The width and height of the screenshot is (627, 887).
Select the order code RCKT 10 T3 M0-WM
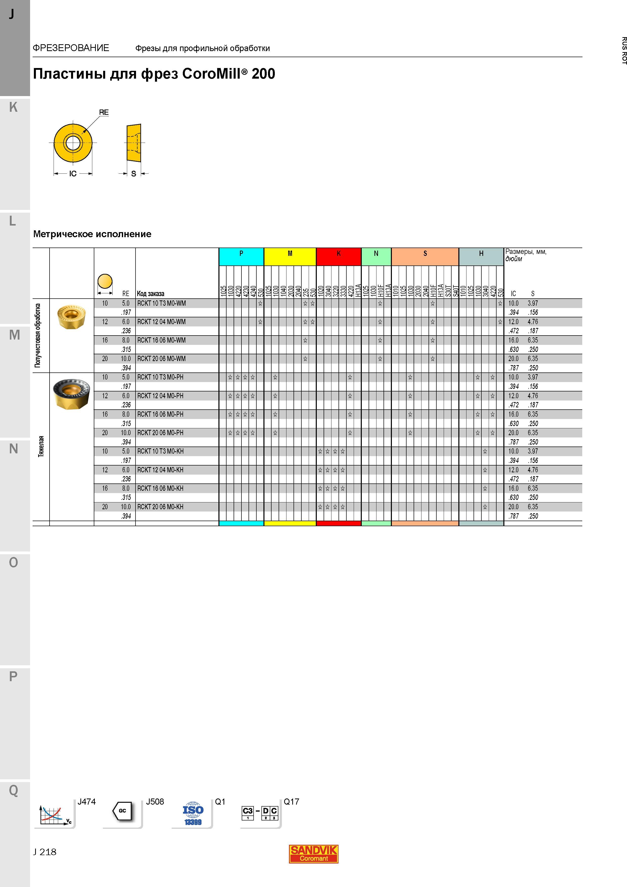pos(162,303)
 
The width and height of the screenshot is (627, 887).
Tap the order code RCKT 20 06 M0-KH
pos(160,507)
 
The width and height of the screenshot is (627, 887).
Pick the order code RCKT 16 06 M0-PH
pos(160,414)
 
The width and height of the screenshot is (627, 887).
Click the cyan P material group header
pos(241,257)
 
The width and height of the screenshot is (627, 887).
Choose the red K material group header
pos(339,257)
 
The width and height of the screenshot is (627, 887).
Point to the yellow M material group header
pos(290,257)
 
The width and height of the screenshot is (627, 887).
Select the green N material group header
pos(376,257)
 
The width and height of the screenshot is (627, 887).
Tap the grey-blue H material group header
pos(481,257)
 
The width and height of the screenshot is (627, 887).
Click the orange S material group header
pos(425,257)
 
